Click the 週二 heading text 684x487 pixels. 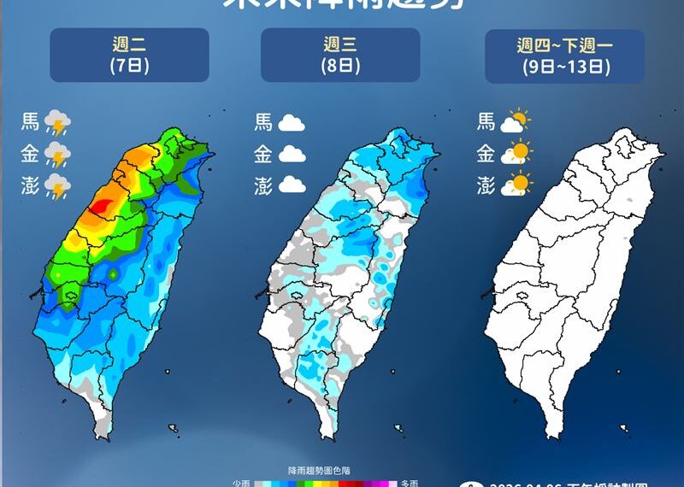(x=129, y=44)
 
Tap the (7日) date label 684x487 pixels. (x=129, y=66)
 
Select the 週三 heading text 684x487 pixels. (x=340, y=44)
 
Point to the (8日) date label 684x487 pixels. (x=340, y=66)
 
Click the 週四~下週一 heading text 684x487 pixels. (x=564, y=45)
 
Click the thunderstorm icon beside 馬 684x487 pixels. (x=57, y=123)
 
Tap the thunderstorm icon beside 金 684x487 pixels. (x=57, y=155)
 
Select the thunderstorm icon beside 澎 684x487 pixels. (x=57, y=186)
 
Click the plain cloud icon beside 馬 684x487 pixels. (x=292, y=123)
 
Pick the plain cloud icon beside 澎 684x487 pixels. (x=292, y=185)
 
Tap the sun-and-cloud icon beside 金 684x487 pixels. (x=516, y=154)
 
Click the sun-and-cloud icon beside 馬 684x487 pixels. (x=516, y=122)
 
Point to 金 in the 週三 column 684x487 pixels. (x=262, y=155)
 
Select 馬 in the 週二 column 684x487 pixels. (x=30, y=123)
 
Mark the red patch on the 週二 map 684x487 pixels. (x=101, y=205)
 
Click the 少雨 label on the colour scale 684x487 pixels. (x=241, y=483)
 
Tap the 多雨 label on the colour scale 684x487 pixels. (x=410, y=483)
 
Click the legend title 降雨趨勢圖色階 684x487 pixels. (x=326, y=471)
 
